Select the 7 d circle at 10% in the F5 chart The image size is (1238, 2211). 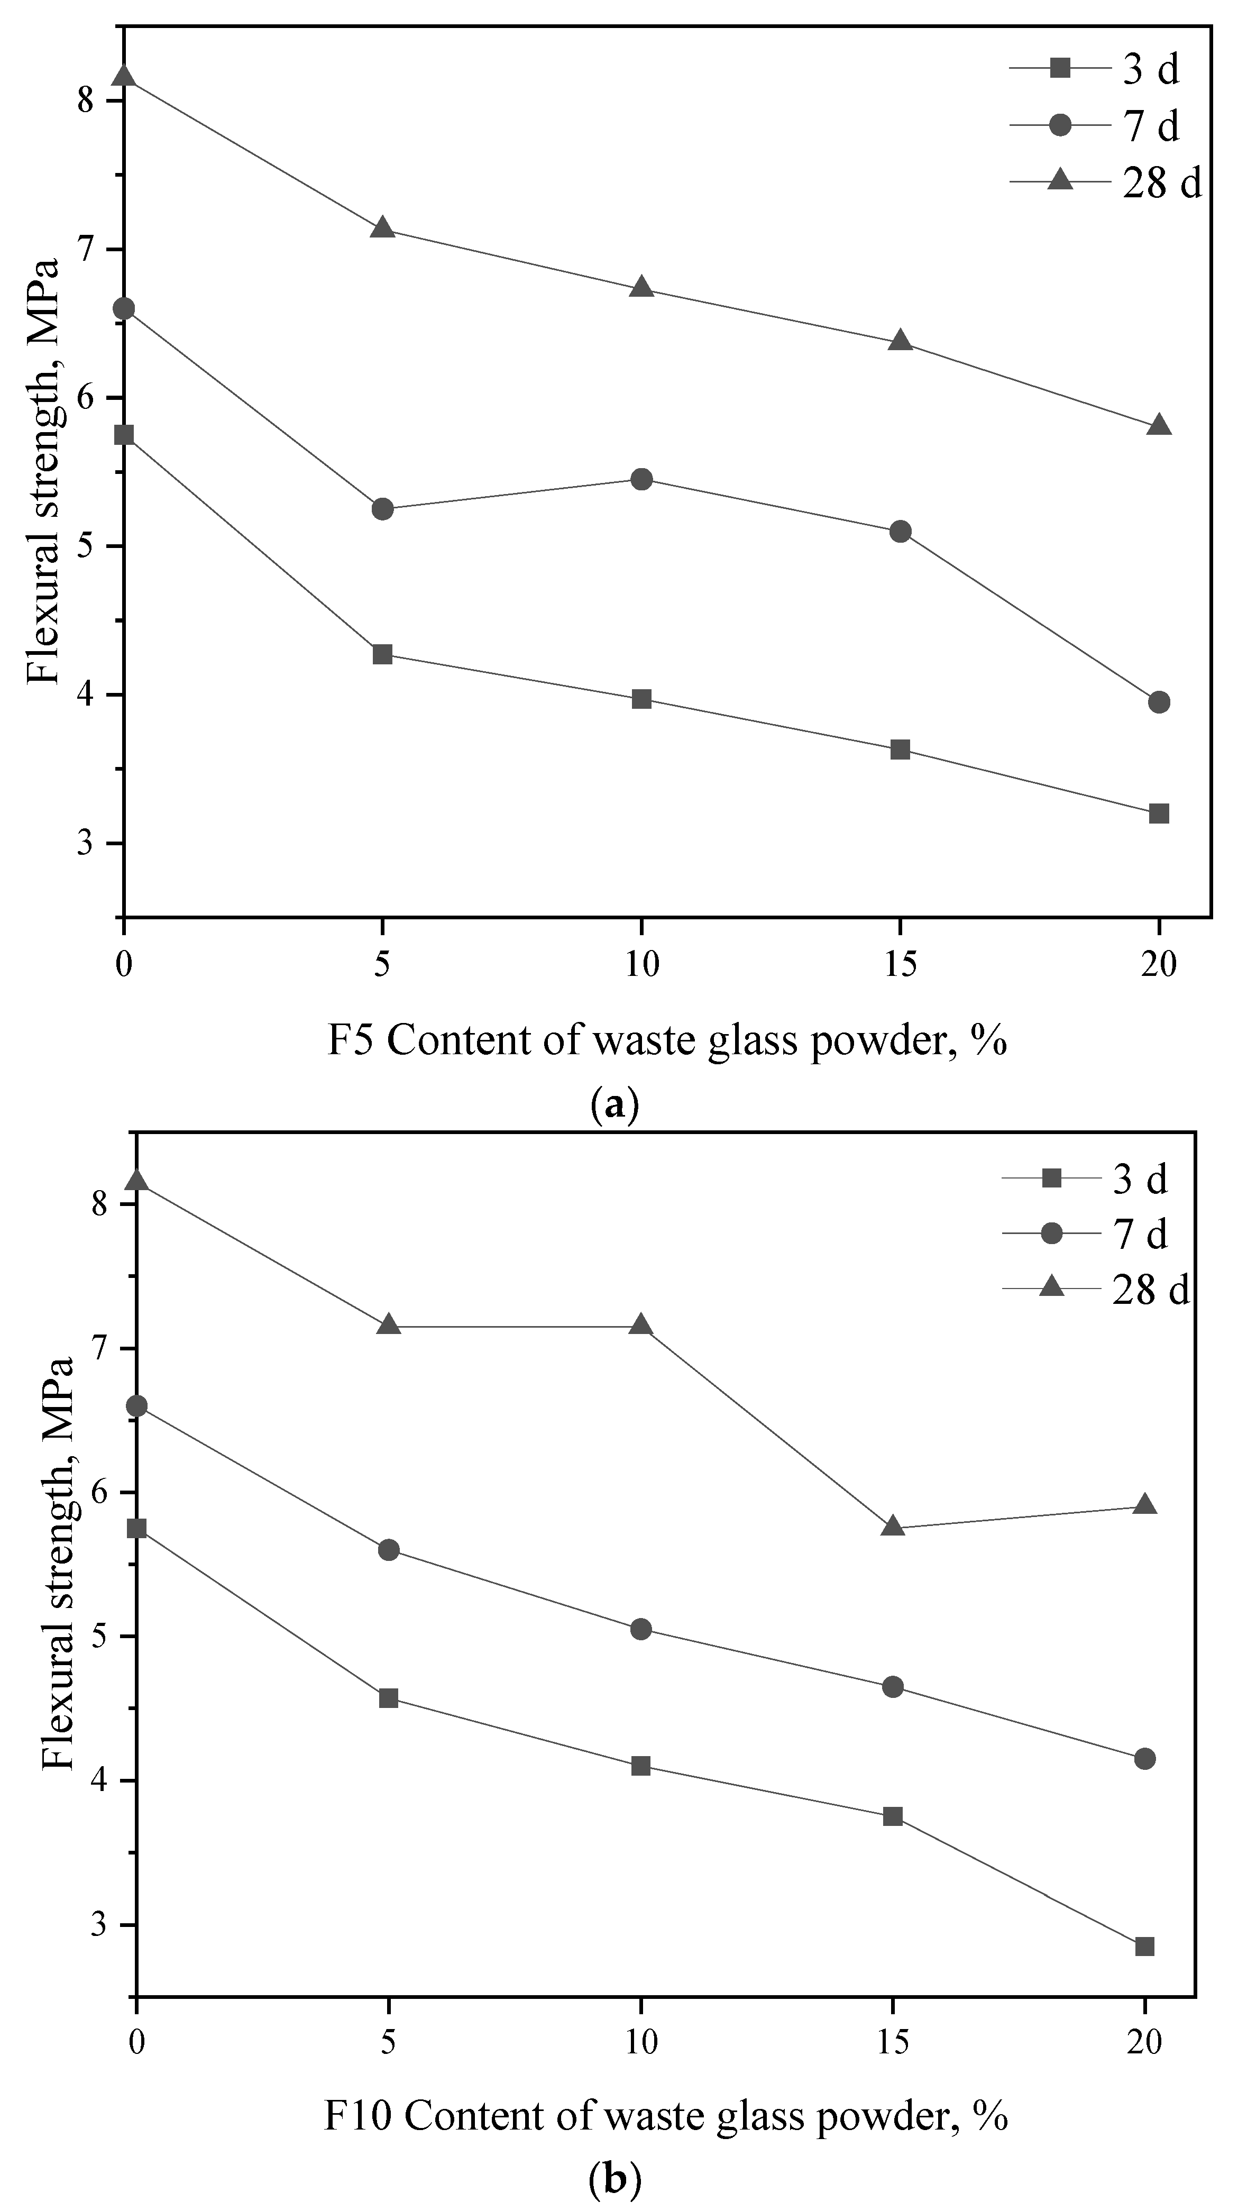641,479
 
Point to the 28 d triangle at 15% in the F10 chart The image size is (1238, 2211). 892,1525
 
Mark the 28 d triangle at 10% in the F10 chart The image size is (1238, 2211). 640,1325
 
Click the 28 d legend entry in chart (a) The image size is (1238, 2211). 1107,182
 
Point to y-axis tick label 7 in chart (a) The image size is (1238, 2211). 86,250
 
